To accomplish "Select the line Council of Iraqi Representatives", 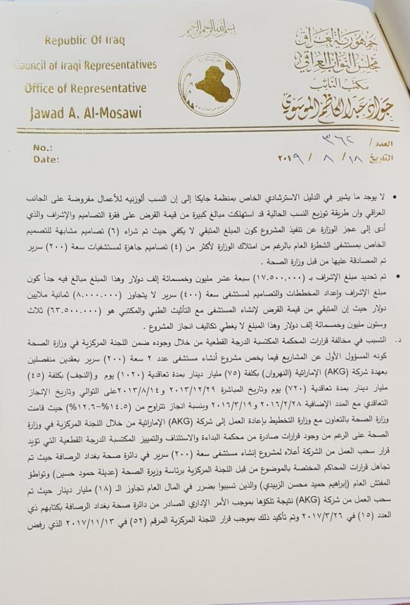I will [86, 65].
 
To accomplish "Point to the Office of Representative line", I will [86, 88].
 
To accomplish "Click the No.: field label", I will [44, 147].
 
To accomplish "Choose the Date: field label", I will [47, 158].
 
